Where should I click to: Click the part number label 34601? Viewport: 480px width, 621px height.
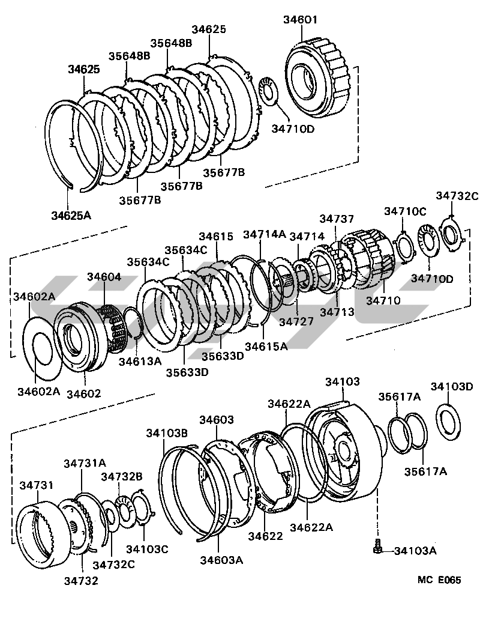[x=301, y=19]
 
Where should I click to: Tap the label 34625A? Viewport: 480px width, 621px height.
[x=71, y=215]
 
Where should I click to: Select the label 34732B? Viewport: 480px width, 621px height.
[x=121, y=476]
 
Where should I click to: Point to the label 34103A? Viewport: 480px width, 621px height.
[x=415, y=551]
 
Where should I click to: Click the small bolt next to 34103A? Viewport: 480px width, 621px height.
[x=377, y=546]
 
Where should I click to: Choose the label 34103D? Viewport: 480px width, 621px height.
[x=452, y=386]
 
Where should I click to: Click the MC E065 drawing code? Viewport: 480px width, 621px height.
[x=439, y=580]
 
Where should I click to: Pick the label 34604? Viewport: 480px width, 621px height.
[x=104, y=276]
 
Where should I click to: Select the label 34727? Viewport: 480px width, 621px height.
[x=296, y=321]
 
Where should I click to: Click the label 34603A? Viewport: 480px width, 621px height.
[x=221, y=560]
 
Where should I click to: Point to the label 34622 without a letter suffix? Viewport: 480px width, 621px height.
[x=266, y=536]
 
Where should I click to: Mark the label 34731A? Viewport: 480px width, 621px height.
[x=85, y=462]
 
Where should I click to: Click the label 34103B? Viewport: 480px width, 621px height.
[x=167, y=433]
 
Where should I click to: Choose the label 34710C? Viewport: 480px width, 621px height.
[x=405, y=211]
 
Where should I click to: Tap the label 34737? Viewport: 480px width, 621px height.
[x=337, y=219]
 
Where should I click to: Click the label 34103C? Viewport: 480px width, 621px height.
[x=147, y=549]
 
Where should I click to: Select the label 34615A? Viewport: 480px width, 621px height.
[x=266, y=346]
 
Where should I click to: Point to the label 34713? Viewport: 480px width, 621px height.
[x=337, y=312]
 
